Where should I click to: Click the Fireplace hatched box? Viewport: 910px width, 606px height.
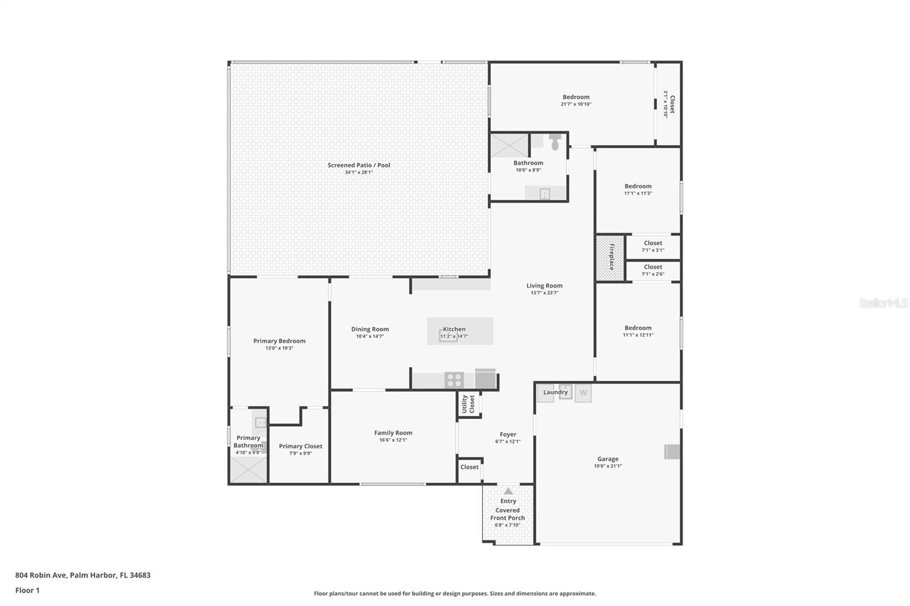point(610,258)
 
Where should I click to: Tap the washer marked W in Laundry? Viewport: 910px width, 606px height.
point(583,393)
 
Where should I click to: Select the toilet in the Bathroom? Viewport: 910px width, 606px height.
point(555,141)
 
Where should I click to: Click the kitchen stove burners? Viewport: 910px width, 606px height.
point(454,380)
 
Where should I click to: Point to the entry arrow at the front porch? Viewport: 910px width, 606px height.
point(508,491)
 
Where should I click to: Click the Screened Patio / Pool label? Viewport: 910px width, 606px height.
point(359,165)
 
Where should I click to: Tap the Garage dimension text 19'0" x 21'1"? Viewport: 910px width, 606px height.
point(607,466)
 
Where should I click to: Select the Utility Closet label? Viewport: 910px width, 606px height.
point(468,404)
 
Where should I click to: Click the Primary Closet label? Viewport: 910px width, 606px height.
point(300,446)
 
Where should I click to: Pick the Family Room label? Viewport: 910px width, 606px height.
point(393,433)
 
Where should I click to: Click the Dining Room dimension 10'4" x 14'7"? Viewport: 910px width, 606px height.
point(370,337)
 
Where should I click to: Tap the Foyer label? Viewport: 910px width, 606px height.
point(508,434)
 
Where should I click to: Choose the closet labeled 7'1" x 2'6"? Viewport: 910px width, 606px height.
point(653,270)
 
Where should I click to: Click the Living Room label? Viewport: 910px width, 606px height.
point(544,286)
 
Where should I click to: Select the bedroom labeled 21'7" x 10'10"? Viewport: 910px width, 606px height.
point(576,100)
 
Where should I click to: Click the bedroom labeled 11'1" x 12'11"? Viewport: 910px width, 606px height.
point(638,331)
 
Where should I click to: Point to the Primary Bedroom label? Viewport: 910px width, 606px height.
point(279,341)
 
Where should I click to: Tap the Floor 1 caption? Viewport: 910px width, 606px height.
point(27,590)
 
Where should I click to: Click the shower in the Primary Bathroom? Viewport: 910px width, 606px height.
point(248,470)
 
